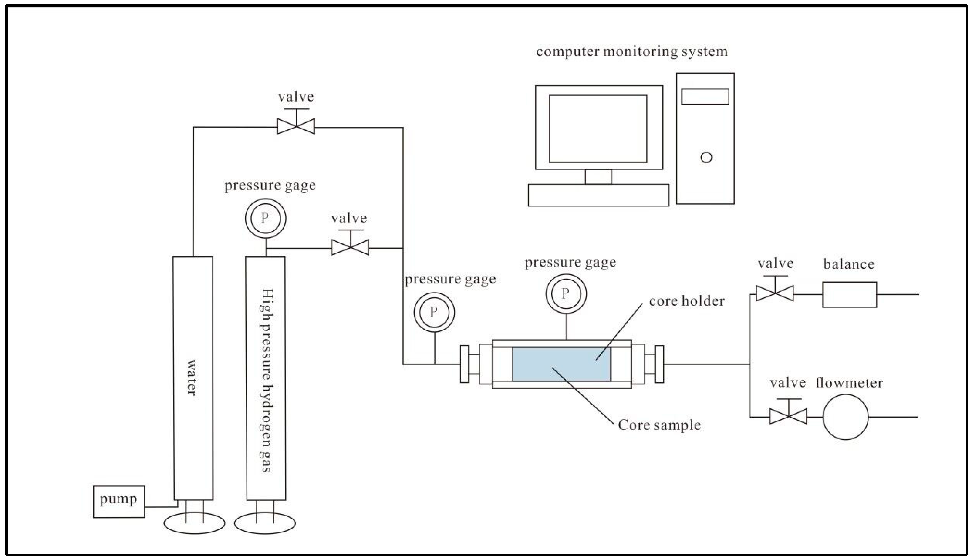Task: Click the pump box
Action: tap(119, 502)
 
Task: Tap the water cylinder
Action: tap(193, 378)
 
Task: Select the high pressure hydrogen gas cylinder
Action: tap(266, 378)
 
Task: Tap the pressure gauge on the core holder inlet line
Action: tap(434, 312)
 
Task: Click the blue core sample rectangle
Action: tap(561, 364)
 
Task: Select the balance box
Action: tap(849, 295)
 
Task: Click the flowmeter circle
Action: tap(846, 417)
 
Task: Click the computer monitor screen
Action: tap(598, 129)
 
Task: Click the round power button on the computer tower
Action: tap(706, 157)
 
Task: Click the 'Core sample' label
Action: tap(659, 425)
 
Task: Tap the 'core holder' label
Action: tap(687, 301)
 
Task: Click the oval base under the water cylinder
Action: tap(194, 523)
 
